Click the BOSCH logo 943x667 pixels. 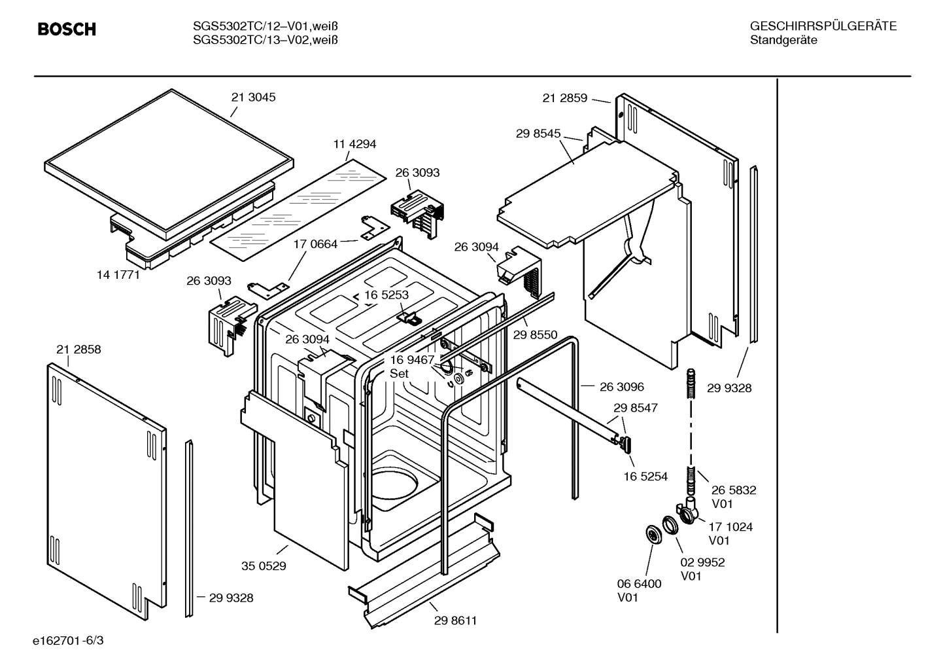[x=67, y=29]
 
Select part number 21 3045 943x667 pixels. [x=254, y=98]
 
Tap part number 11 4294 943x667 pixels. [x=354, y=144]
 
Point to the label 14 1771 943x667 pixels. [x=118, y=275]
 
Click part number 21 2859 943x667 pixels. [x=565, y=98]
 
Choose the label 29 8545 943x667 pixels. [x=538, y=134]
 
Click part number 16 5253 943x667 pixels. [x=386, y=295]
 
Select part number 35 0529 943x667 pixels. [x=264, y=566]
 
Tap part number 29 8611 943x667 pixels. [x=455, y=621]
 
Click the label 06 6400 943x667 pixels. [x=639, y=583]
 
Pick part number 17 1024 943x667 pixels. [x=730, y=526]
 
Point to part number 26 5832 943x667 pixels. [x=734, y=490]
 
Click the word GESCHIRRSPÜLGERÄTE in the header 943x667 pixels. [x=823, y=27]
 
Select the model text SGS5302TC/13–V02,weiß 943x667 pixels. [x=266, y=40]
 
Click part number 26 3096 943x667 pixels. [x=621, y=387]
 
